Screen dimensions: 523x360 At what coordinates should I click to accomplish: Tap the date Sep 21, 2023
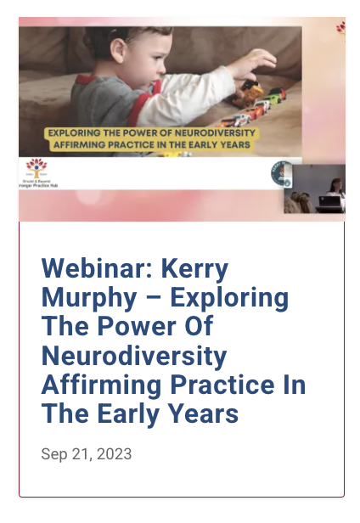[87, 454]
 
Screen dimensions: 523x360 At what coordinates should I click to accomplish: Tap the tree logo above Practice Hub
[34, 166]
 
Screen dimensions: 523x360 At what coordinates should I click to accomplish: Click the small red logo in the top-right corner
[340, 27]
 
